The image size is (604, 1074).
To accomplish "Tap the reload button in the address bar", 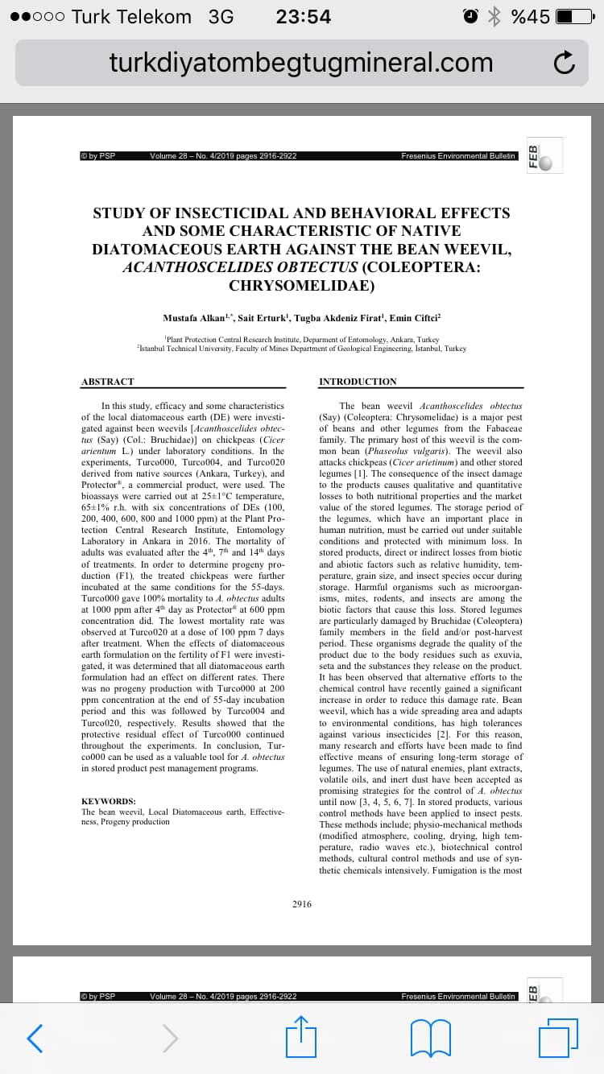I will (565, 63).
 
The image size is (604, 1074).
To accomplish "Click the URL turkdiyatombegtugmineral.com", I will (301, 62).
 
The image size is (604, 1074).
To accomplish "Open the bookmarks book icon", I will (431, 1037).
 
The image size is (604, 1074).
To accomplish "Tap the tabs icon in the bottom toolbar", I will (558, 1037).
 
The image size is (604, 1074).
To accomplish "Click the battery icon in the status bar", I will (574, 17).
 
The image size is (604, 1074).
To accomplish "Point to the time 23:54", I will (303, 17).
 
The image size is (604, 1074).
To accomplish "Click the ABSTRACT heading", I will (108, 381).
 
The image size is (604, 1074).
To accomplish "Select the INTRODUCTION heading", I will (358, 381).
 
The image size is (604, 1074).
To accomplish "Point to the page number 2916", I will (302, 904).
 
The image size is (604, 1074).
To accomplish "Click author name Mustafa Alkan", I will (194, 319).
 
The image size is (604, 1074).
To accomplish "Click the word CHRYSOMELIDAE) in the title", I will (301, 285).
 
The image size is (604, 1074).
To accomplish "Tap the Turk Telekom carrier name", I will (131, 17).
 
